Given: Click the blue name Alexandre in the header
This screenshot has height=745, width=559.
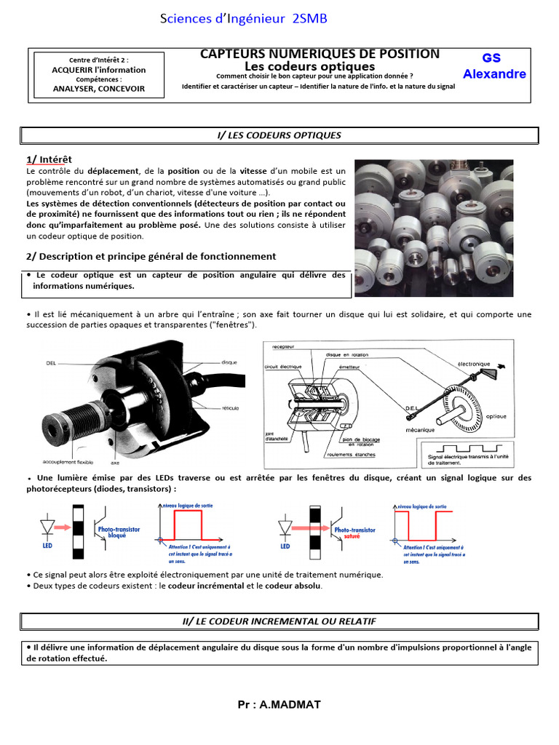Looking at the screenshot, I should (x=494, y=74).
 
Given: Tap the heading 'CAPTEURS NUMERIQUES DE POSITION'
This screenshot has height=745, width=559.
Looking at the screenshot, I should (x=320, y=54).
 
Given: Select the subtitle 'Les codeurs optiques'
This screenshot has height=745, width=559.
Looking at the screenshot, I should (x=320, y=66).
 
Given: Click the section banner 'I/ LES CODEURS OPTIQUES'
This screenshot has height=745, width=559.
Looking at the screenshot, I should (x=279, y=135).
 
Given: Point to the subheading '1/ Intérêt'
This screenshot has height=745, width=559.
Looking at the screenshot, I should (x=49, y=159).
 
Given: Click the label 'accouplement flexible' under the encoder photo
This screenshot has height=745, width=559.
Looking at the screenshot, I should (x=67, y=461).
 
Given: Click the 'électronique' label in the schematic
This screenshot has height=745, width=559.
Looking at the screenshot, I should (x=474, y=362).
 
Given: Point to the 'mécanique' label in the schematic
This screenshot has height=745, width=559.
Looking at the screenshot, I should (x=421, y=430).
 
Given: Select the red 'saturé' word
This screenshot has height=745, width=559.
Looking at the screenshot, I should (x=356, y=536).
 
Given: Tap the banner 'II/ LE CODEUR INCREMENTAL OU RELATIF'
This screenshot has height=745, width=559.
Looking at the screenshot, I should (x=279, y=621).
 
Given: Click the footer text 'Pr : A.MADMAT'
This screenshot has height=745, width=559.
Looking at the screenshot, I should (x=279, y=704).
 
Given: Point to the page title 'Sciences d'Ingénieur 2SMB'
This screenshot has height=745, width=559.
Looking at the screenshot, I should (x=243, y=19).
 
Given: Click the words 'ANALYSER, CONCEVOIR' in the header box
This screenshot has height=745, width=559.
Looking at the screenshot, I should (x=99, y=89).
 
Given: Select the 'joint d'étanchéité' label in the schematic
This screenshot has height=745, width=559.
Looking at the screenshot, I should (x=279, y=437).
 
